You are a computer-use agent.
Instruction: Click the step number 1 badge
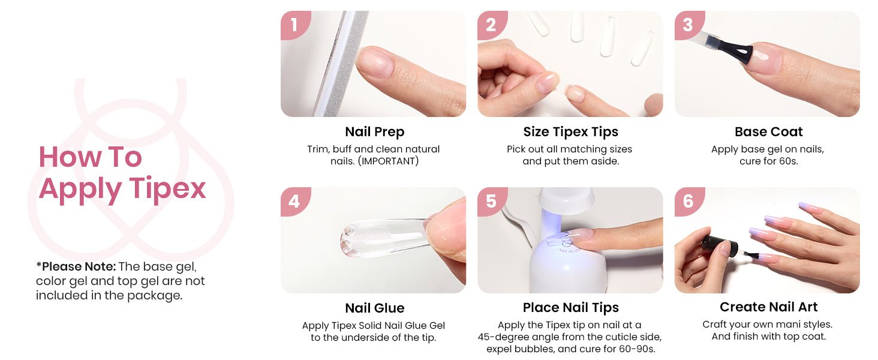click(x=294, y=25)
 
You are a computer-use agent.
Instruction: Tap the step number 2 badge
click(x=492, y=25)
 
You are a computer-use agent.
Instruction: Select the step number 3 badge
click(x=688, y=25)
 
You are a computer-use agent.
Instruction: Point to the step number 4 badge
click(x=294, y=201)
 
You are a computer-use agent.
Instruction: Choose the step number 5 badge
click(x=492, y=201)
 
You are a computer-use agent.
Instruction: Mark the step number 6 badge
click(x=688, y=201)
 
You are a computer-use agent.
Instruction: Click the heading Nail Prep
click(x=374, y=132)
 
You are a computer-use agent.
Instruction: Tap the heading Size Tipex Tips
click(x=571, y=132)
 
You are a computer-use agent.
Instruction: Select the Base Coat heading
click(x=769, y=132)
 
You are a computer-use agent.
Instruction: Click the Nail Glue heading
click(x=374, y=308)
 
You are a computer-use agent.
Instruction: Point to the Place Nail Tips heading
click(x=571, y=308)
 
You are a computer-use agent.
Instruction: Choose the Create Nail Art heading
click(x=769, y=307)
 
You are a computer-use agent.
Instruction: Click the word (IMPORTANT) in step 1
click(x=389, y=161)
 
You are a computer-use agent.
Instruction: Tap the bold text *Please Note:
click(x=76, y=266)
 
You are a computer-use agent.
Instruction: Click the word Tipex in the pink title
click(x=167, y=189)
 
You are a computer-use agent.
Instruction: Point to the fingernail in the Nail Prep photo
click(x=375, y=62)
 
